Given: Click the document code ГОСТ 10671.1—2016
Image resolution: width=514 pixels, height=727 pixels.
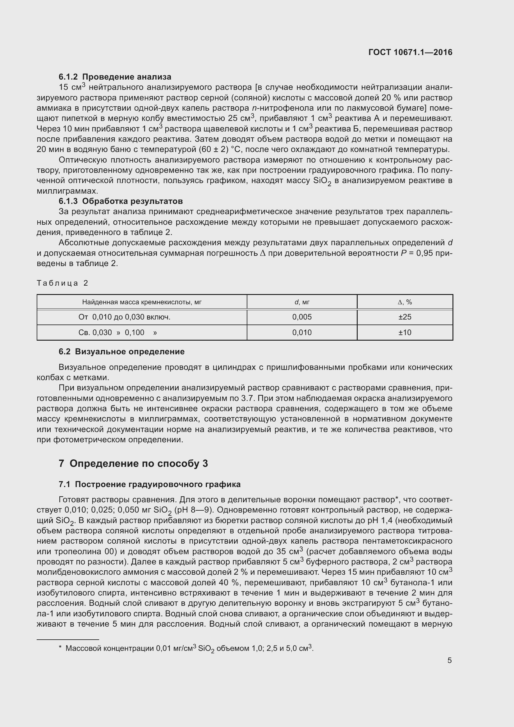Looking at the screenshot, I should click(410, 52).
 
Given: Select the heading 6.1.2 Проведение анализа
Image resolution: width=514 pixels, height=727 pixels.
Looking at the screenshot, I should click(115, 77).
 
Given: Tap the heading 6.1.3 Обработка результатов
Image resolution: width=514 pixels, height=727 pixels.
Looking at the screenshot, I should click(121, 201).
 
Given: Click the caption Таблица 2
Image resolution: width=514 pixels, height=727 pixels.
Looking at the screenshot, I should click(62, 283).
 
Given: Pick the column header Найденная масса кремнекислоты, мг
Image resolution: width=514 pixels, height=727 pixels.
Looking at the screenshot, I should click(142, 302).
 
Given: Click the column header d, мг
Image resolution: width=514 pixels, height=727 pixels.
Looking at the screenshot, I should click(302, 302).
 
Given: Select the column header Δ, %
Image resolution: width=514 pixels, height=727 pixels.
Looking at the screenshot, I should click(405, 302).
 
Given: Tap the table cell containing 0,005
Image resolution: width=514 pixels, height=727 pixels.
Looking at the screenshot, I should click(302, 317).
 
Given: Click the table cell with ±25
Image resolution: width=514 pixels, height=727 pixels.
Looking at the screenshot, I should click(405, 317).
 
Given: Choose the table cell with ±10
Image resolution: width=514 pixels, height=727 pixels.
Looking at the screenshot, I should click(405, 333).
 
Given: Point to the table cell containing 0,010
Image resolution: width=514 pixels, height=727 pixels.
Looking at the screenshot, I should click(302, 333).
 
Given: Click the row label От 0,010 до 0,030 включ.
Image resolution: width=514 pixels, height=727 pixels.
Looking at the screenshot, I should click(124, 317).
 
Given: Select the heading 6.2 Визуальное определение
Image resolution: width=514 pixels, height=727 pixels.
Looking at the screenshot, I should click(122, 352).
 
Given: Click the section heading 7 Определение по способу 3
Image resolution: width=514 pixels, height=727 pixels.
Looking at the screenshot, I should click(133, 463).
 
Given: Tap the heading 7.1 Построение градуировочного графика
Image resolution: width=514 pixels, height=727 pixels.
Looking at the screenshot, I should click(149, 484).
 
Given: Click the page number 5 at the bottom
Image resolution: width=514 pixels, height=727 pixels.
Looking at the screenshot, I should click(449, 660).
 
